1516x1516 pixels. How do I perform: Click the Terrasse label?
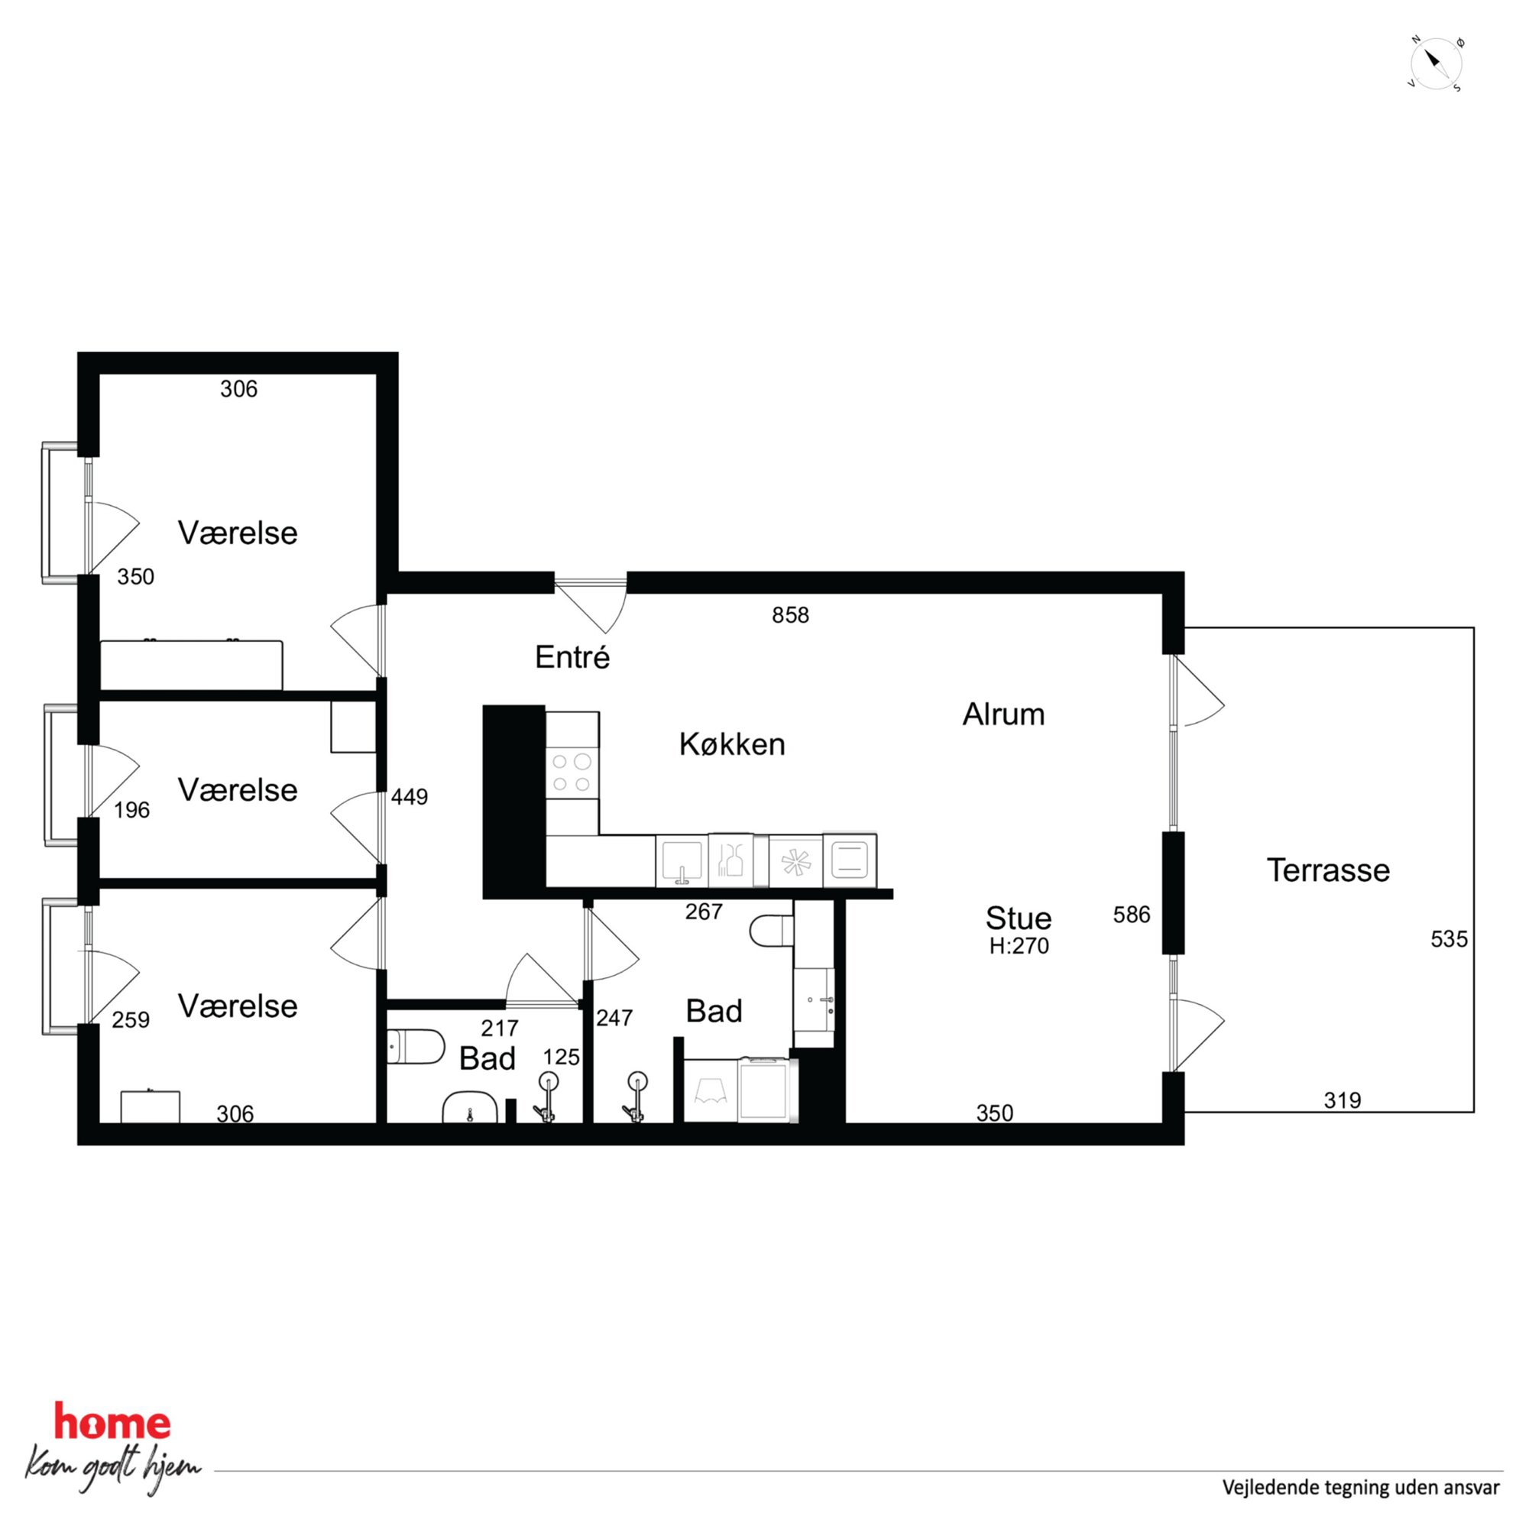coord(1328,870)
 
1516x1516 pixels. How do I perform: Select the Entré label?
coord(572,658)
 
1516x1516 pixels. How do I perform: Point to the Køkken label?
coord(732,744)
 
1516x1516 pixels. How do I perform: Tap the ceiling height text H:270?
coord(1019,945)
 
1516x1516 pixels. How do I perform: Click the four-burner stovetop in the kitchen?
coord(572,773)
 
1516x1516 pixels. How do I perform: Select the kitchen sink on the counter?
coord(682,862)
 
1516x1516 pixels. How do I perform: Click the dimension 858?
coord(790,615)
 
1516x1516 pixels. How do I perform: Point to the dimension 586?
coord(1132,914)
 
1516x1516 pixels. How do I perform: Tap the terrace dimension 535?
coord(1449,939)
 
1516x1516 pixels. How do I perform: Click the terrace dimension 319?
coord(1343,1100)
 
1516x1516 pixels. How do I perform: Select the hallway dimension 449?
coord(410,797)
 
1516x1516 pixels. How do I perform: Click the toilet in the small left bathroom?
coord(416,1047)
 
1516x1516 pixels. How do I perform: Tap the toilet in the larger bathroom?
coord(771,932)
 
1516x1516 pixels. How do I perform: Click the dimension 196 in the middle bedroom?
coord(132,810)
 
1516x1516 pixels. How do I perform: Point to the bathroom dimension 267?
coord(703,911)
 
